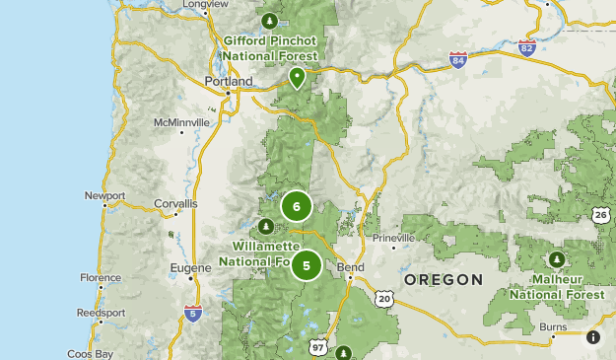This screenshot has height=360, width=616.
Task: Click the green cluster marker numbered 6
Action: [x=297, y=207]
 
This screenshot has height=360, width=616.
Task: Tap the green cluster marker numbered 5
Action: [x=307, y=265]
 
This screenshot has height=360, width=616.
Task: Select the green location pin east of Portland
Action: [x=297, y=77]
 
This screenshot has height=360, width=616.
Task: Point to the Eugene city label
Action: [x=191, y=267]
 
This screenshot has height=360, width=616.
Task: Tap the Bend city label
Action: [x=350, y=267]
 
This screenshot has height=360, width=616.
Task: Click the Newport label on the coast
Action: [x=104, y=196]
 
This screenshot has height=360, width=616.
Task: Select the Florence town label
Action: [x=101, y=278]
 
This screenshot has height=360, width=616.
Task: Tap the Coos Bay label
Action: [x=91, y=353]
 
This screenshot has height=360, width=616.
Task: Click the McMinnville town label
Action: [x=181, y=122]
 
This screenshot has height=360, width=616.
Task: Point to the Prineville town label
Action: [x=394, y=239]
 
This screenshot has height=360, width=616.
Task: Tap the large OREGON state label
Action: [x=444, y=280]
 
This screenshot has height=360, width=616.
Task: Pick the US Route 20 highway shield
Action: [x=384, y=298]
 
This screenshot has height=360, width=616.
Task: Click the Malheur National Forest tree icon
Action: [x=557, y=259]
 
